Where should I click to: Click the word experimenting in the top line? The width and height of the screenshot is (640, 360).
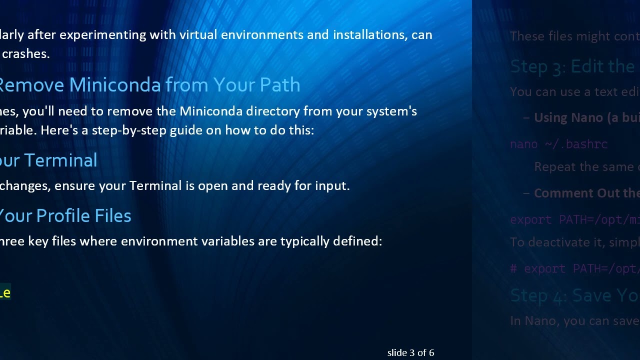pyautogui.click(x=89, y=35)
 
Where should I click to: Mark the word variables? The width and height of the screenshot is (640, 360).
pyautogui.click(x=227, y=241)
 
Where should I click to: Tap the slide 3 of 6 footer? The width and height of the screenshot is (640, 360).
pyautogui.click(x=410, y=352)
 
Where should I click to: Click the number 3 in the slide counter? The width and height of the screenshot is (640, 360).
pyautogui.click(x=411, y=352)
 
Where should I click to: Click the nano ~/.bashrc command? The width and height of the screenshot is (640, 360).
pyautogui.click(x=558, y=144)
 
